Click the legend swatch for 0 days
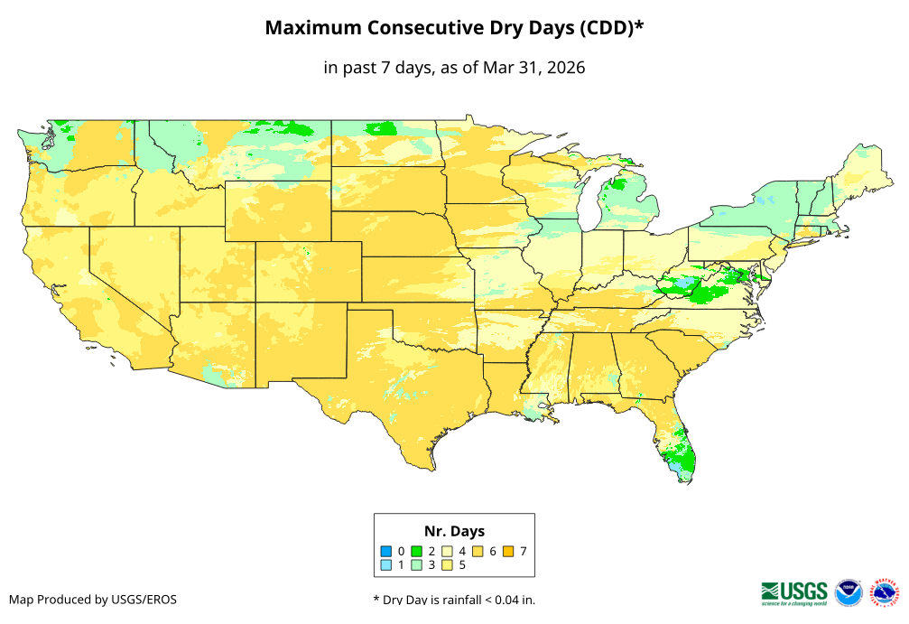(385, 551)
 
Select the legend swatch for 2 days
(417, 551)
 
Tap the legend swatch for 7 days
(509, 551)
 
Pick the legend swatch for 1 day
(385, 565)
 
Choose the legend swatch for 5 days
(448, 565)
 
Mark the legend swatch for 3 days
(417, 565)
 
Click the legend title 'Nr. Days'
(454, 531)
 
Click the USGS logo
(794, 591)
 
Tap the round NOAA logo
(849, 592)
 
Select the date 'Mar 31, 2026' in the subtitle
(533, 68)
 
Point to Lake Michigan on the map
(589, 203)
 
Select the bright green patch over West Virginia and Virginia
(704, 287)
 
